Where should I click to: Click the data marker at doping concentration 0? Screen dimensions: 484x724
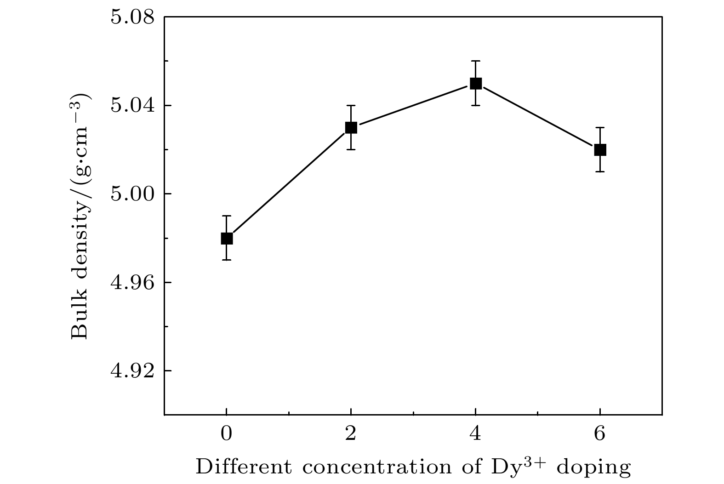click(x=227, y=238)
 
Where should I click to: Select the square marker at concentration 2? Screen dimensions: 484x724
click(x=351, y=127)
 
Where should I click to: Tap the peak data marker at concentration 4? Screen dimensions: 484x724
click(x=475, y=83)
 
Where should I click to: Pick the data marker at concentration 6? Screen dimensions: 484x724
click(x=600, y=149)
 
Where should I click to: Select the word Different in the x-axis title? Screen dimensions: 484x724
click(x=244, y=467)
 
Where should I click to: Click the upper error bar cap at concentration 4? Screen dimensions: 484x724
click(x=475, y=61)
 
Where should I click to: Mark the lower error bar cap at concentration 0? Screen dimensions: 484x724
click(x=227, y=260)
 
